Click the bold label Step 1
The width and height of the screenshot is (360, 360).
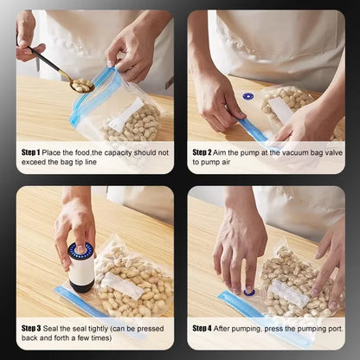(x=33, y=152)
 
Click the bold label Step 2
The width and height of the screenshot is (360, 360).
(x=203, y=152)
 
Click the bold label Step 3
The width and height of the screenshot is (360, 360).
(x=33, y=329)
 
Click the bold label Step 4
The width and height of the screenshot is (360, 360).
(x=203, y=329)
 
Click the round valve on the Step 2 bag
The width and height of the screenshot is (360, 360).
(x=248, y=97)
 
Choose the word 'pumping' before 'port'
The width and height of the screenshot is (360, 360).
(x=296, y=329)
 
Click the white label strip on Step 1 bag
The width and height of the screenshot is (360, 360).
(x=125, y=113)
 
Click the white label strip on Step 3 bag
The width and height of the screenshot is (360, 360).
(x=122, y=285)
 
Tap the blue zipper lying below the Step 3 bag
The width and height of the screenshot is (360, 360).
(x=87, y=305)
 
